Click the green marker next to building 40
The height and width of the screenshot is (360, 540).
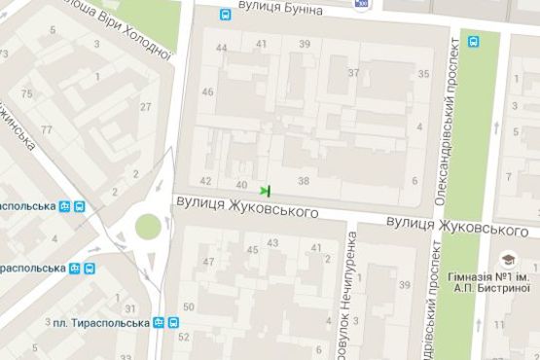265,190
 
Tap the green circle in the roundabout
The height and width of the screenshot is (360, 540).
148,227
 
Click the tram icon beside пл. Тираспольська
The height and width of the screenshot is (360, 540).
171,323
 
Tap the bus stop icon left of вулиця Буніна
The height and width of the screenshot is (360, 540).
226,16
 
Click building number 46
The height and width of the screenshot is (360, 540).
207,92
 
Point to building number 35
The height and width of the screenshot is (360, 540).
423,74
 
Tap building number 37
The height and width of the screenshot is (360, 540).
353,73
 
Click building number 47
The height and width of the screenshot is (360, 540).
207,262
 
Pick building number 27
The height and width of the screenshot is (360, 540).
146,106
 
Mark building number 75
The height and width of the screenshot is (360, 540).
26,93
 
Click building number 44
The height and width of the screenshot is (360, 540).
222,48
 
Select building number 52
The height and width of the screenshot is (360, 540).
184,337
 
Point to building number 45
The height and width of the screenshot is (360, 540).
251,251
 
